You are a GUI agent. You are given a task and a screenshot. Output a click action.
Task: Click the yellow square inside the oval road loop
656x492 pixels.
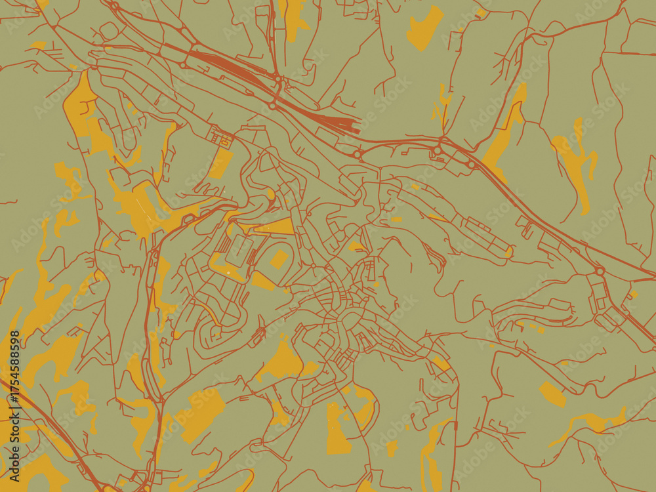(x=279, y=259)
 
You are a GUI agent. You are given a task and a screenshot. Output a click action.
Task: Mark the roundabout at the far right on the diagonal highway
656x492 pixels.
(x=600, y=270)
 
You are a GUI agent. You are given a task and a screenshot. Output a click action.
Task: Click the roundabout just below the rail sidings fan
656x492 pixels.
(x=358, y=155)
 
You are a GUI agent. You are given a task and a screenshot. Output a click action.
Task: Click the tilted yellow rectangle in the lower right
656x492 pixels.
(x=552, y=394)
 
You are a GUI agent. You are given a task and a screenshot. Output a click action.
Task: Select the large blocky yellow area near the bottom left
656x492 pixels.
(x=200, y=413)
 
